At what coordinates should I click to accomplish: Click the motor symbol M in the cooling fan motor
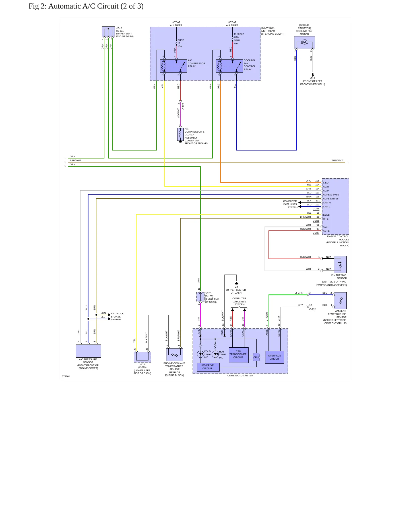pos(304,42)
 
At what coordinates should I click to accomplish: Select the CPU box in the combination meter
pos(256,357)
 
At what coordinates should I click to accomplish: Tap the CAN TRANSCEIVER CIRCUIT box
pos(238,355)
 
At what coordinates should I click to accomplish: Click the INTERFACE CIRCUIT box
pos(274,357)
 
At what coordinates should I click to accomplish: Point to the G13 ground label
pos(312,78)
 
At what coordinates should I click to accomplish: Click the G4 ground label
pos(236,287)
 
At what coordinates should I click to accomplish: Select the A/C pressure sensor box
pos(88,351)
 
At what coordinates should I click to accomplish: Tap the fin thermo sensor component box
pos(340,265)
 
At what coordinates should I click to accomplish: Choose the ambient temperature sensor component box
pos(340,301)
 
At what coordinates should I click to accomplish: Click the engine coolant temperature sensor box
pos(174,354)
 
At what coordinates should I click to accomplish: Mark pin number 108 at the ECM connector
pos(317,181)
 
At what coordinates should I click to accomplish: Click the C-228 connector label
pos(316,209)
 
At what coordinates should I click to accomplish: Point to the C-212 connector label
pos(312,309)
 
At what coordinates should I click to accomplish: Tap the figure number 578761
pos(66,376)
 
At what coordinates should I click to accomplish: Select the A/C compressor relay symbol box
pos(173,66)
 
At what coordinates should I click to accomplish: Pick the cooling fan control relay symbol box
pos(229,66)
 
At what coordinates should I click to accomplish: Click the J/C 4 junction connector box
pos(142,357)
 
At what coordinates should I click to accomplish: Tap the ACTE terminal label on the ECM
pos(326,231)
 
